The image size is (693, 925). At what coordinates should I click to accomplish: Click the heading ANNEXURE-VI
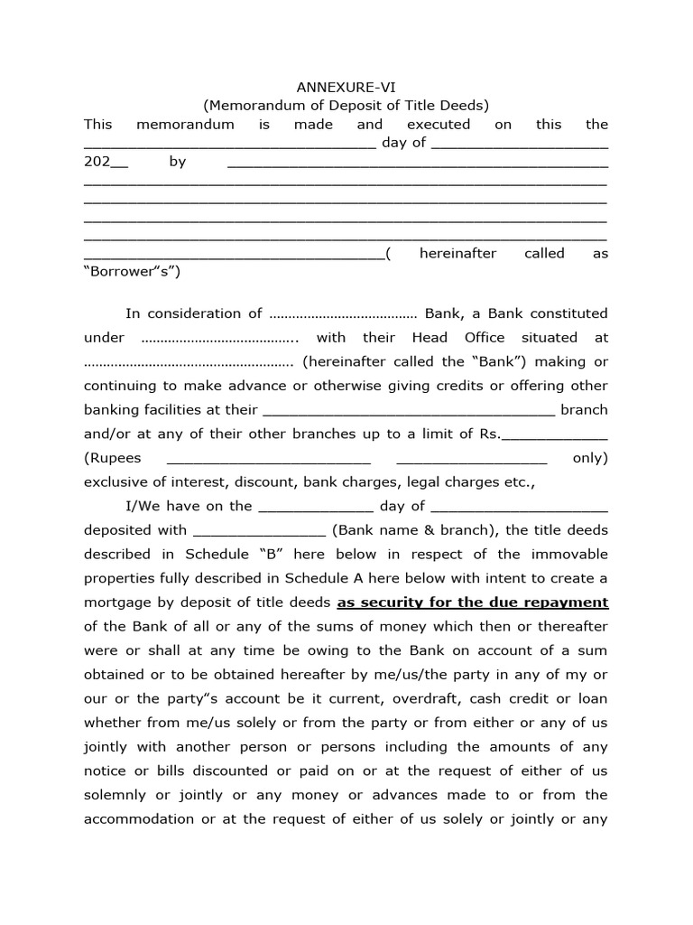pos(346,87)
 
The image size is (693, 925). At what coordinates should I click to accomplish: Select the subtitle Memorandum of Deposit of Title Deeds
pos(346,106)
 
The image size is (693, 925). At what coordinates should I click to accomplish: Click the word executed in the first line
pos(438,125)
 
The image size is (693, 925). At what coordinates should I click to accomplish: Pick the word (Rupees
pos(113,458)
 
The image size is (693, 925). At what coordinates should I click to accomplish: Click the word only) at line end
pos(590,458)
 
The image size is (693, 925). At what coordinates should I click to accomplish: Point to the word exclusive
pos(118,482)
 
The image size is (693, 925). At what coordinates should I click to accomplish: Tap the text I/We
pos(143,506)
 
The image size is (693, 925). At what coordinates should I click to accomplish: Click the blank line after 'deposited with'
pos(259,530)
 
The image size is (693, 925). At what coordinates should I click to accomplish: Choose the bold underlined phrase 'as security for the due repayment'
pos(472,603)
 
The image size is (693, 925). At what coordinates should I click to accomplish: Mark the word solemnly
pos(119,795)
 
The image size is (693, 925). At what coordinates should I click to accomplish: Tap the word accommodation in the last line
pos(139,819)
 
